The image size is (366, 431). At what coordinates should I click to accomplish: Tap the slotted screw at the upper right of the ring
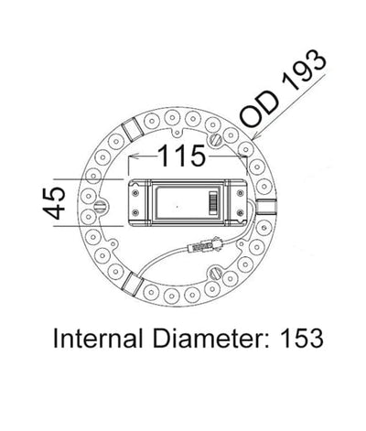[216, 139]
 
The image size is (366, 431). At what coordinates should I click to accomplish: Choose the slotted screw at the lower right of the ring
[216, 273]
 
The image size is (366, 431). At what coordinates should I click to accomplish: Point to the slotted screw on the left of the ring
[103, 202]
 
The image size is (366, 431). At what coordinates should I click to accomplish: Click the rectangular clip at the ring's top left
[132, 129]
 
